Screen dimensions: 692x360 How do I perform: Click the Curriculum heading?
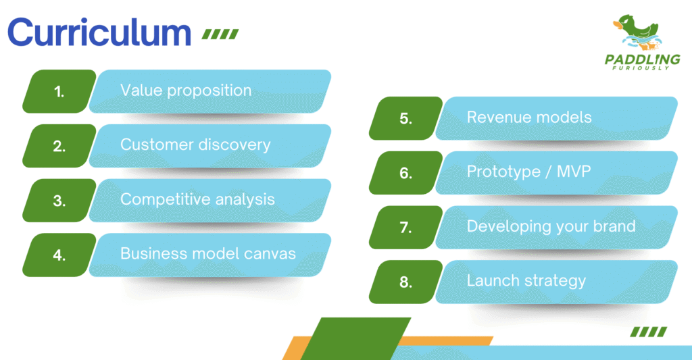(x=99, y=32)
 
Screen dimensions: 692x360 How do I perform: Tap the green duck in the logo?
(x=638, y=29)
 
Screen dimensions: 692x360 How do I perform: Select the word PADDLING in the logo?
(x=642, y=59)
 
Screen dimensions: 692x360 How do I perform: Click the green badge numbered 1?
(x=59, y=91)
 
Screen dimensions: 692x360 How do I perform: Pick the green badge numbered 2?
(x=59, y=146)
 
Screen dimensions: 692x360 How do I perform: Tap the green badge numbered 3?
(x=59, y=201)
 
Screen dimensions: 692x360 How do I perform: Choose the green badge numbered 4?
(x=59, y=255)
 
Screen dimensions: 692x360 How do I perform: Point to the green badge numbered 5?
(x=405, y=118)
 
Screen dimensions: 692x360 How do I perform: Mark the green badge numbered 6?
(x=405, y=173)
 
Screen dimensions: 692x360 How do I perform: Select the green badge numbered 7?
(x=405, y=227)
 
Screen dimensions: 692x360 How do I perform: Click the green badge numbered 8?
(x=405, y=282)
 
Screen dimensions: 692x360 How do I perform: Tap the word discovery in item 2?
(x=234, y=145)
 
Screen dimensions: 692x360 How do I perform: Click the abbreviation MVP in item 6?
(x=574, y=171)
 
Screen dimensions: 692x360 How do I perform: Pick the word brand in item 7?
(x=614, y=226)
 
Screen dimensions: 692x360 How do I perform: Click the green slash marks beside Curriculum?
(x=220, y=34)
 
